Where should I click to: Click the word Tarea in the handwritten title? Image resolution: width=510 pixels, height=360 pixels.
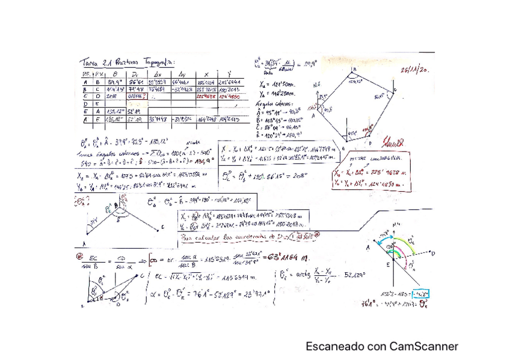90,63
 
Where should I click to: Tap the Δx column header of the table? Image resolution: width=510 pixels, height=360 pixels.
158,73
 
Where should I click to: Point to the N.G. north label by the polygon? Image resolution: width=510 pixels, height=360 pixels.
317,85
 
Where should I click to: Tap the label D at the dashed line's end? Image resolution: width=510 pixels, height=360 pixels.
432,254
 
